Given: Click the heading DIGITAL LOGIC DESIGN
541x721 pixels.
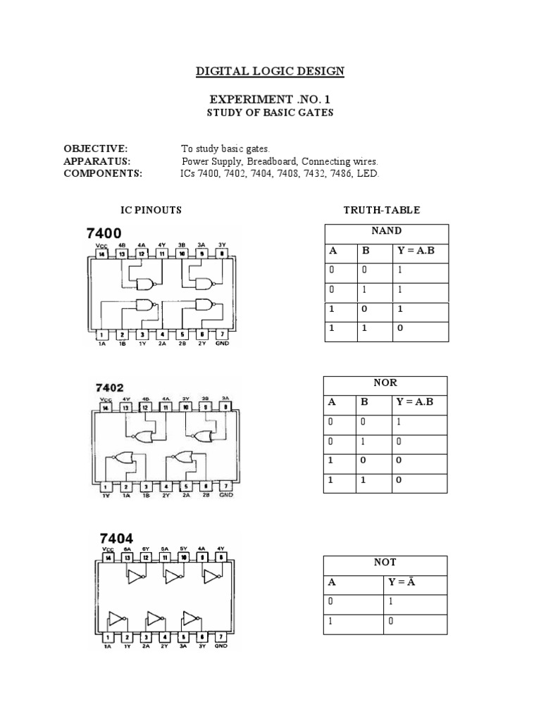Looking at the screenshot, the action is [x=270, y=71].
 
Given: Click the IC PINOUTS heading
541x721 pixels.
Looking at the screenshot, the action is [x=151, y=210].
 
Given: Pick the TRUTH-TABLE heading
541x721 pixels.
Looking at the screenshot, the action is [x=381, y=210].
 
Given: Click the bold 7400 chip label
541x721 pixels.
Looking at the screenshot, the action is [x=104, y=233].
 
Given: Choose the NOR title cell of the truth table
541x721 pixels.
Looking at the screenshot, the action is [x=385, y=383].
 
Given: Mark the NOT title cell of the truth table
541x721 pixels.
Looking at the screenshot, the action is [x=385, y=563].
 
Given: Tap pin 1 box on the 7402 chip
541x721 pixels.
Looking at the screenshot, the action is [x=105, y=485].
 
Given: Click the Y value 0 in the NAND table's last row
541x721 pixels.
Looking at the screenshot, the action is [x=400, y=329].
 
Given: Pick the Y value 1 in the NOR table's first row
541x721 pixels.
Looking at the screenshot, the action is [x=399, y=422].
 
